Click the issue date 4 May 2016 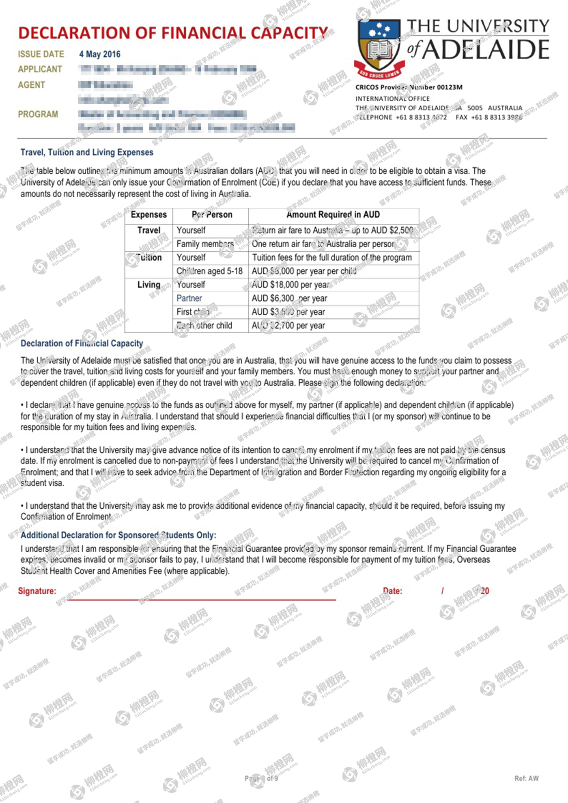(100, 54)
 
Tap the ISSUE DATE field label (41, 54)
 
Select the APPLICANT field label (40, 69)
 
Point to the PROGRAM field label (38, 114)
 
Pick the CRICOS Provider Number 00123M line (409, 87)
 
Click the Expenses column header (148, 215)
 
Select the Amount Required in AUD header (333, 215)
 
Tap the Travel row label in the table (148, 231)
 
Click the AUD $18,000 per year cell (290, 285)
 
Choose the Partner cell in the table (189, 298)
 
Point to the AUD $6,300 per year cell (289, 298)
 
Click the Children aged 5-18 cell (209, 271)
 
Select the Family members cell (205, 244)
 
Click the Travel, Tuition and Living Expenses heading (87, 152)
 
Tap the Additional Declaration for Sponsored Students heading (118, 535)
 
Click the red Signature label (37, 591)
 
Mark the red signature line (202, 599)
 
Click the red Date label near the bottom (392, 591)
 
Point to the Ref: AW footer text (526, 778)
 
